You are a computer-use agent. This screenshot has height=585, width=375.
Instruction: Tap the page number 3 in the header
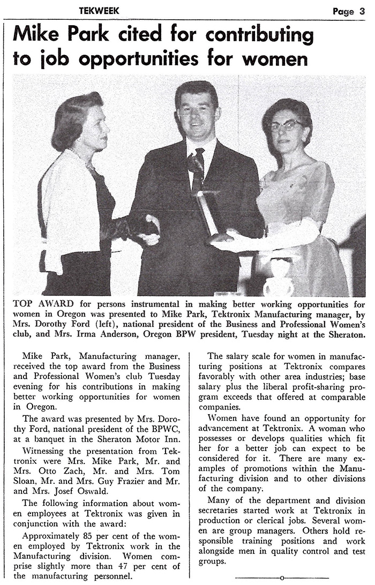[362, 11]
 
